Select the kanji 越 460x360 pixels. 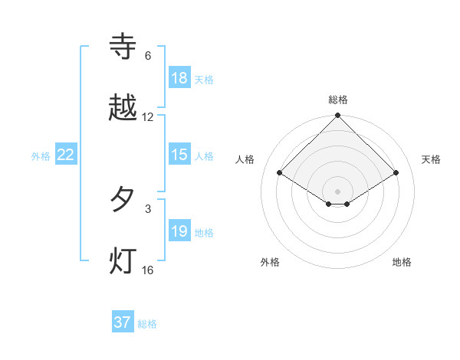click(123, 108)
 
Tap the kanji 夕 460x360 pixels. click(123, 200)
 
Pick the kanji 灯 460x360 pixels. click(123, 260)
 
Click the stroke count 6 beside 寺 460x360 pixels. click(148, 56)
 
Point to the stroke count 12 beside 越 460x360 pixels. click(148, 117)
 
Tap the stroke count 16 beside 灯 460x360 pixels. click(148, 270)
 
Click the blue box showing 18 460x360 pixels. click(179, 78)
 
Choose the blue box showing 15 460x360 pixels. click(179, 155)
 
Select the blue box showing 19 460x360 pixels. click(179, 231)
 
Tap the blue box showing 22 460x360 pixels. click(66, 155)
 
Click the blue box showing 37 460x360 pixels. click(123, 322)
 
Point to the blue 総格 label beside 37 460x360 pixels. click(147, 324)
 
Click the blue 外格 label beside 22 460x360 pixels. click(41, 156)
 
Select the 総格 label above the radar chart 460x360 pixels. click(338, 100)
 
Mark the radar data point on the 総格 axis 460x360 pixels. click(338, 116)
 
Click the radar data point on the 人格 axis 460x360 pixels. click(280, 172)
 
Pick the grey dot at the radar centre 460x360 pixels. click(338, 191)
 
